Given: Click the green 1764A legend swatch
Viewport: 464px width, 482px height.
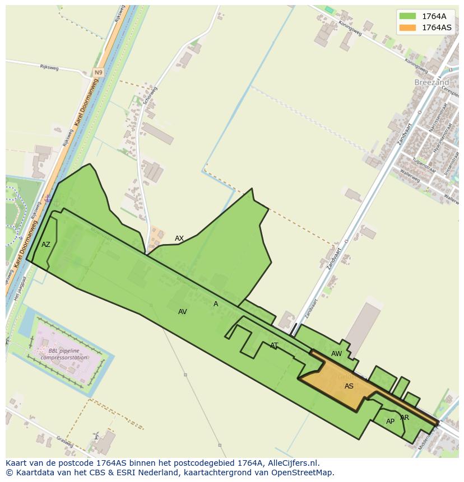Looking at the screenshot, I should pyautogui.click(x=407, y=16).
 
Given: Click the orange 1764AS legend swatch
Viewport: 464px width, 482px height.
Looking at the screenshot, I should pyautogui.click(x=407, y=27).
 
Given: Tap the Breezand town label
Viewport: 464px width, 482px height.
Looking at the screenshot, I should pyautogui.click(x=432, y=82).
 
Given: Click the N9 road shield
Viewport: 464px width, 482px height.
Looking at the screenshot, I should pyautogui.click(x=99, y=73).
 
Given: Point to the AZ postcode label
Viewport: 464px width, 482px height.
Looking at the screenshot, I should pyautogui.click(x=46, y=245).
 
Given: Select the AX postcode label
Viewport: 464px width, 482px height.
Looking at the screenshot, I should pyautogui.click(x=179, y=238).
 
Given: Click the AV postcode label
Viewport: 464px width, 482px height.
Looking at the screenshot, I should pyautogui.click(x=182, y=312).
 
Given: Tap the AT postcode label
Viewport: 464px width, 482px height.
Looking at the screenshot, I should pyautogui.click(x=274, y=345).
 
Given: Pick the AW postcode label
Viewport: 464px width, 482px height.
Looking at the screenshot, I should pyautogui.click(x=336, y=354).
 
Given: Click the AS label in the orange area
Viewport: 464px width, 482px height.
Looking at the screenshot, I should pyautogui.click(x=349, y=386).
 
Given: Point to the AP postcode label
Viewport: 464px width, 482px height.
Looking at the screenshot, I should pyautogui.click(x=390, y=422).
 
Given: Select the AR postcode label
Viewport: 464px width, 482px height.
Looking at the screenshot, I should pyautogui.click(x=405, y=418).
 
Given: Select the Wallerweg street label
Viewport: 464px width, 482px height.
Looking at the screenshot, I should pyautogui.click(x=410, y=176).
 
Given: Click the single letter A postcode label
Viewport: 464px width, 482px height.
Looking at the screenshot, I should pyautogui.click(x=216, y=304).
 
